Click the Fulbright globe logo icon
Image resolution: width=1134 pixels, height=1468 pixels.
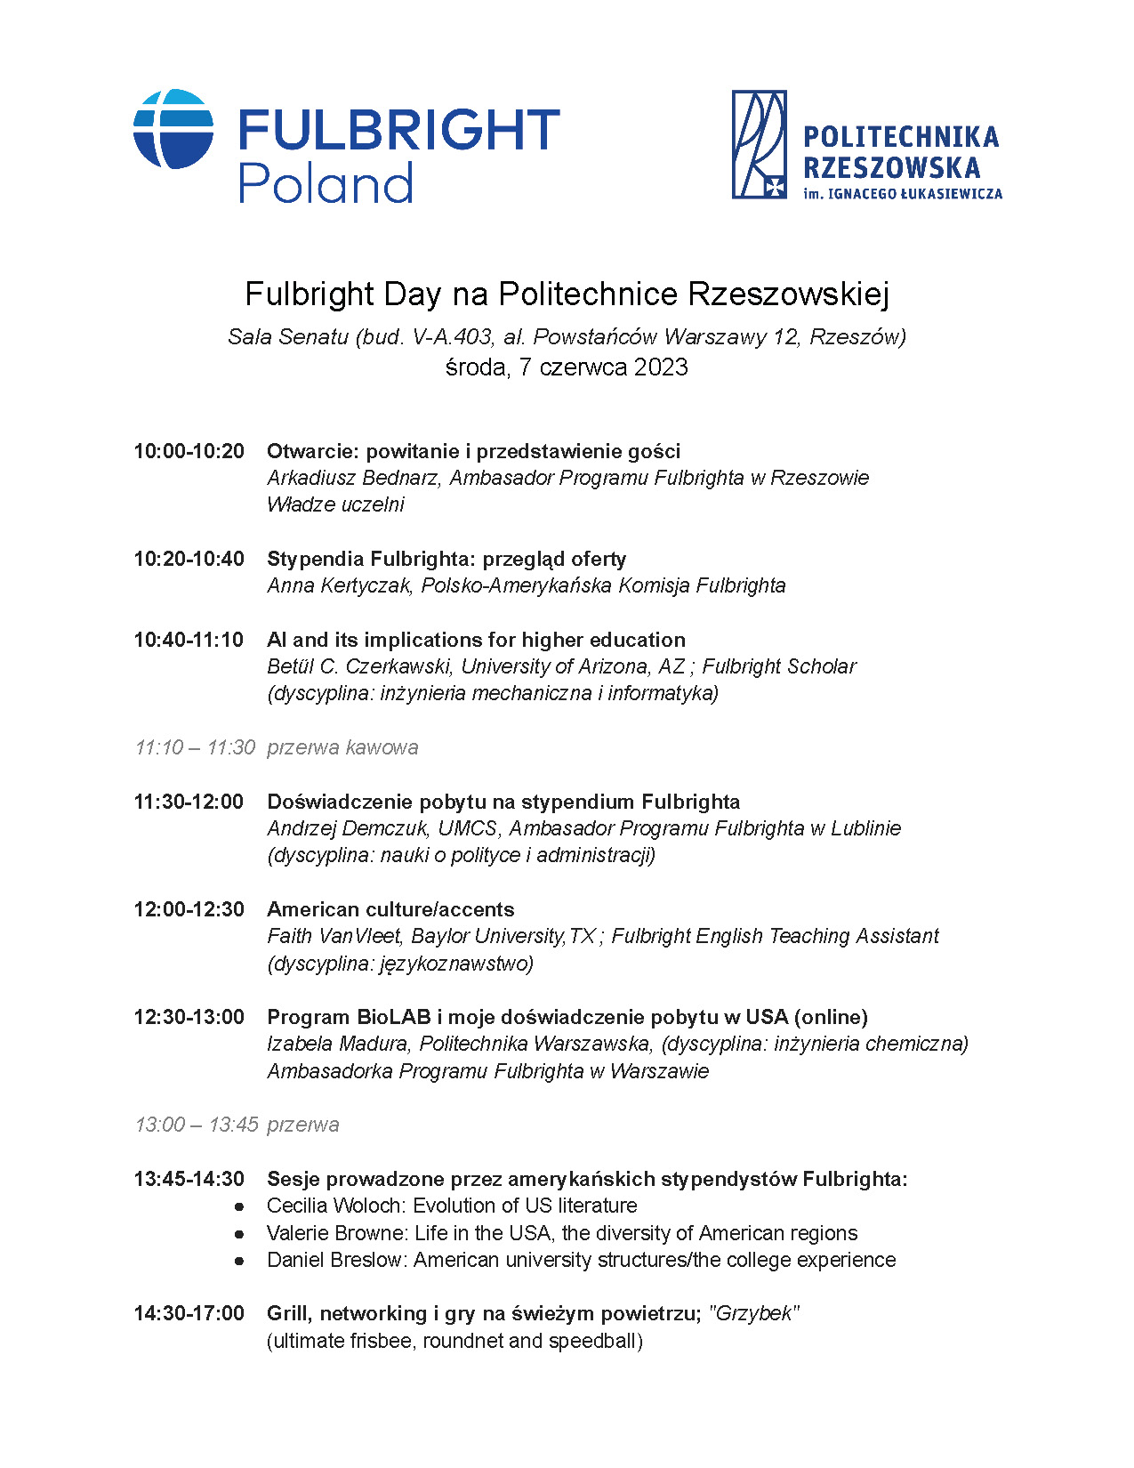click(x=173, y=129)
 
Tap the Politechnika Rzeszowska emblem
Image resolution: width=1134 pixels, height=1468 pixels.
click(x=759, y=144)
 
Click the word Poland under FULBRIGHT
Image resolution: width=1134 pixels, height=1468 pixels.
click(x=326, y=182)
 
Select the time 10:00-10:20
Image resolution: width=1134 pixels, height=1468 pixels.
click(x=189, y=451)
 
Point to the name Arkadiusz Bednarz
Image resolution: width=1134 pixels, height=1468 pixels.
click(x=352, y=478)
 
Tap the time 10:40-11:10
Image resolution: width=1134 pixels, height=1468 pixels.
click(x=189, y=640)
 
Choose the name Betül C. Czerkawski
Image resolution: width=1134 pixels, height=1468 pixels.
click(x=359, y=666)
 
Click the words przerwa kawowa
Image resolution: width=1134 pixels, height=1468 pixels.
click(x=342, y=747)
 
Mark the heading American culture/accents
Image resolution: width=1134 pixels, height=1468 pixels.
click(x=390, y=909)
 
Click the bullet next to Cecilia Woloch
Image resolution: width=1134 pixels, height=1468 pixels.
click(x=239, y=1206)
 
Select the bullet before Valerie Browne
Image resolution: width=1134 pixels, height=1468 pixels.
click(x=239, y=1234)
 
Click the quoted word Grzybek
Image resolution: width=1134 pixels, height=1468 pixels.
click(x=754, y=1313)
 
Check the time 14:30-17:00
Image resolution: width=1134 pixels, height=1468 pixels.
click(x=189, y=1313)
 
